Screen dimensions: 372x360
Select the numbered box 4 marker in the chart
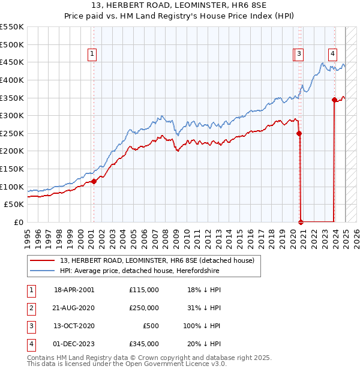point(332,53)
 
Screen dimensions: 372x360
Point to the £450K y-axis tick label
point(12,62)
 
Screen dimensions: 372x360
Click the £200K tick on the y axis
point(12,151)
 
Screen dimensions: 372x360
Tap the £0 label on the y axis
point(19,222)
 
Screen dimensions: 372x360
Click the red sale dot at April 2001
point(94,181)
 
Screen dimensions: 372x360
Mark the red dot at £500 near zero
point(301,222)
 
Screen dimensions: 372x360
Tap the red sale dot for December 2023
point(334,100)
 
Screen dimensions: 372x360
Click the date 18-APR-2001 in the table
point(74,290)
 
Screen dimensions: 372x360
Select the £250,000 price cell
point(143,308)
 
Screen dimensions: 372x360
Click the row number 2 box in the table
point(31,308)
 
